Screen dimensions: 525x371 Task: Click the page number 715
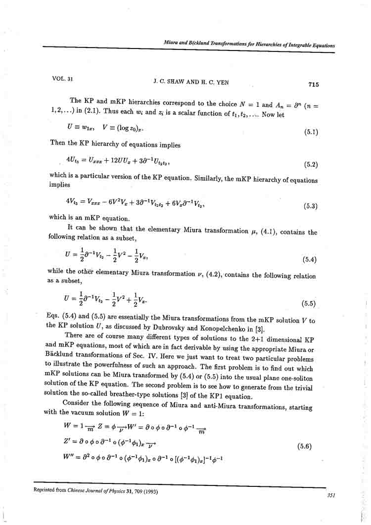[314, 85]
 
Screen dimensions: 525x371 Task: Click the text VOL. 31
[62, 79]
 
